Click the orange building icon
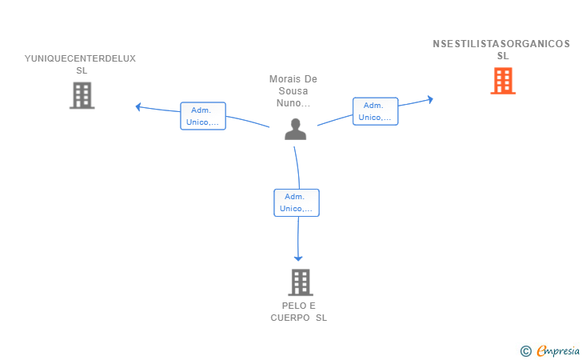click(503, 81)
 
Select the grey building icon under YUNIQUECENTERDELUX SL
click(82, 95)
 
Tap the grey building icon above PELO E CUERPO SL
click(301, 282)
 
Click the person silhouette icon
click(296, 129)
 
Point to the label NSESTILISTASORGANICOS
click(501, 44)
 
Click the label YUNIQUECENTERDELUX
click(80, 58)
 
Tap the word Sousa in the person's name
click(293, 91)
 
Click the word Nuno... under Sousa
click(293, 103)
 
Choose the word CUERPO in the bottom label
click(290, 318)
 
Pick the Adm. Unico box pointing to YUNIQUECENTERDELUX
click(203, 116)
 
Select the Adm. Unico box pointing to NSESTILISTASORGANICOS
click(375, 111)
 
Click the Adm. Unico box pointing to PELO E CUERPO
click(297, 202)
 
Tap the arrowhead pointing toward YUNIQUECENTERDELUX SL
click(138, 107)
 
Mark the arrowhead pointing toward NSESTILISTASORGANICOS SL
click(430, 99)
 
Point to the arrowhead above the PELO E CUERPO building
click(298, 258)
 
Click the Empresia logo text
click(558, 350)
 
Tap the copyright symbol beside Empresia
click(526, 351)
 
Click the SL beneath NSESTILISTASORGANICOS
click(503, 56)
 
